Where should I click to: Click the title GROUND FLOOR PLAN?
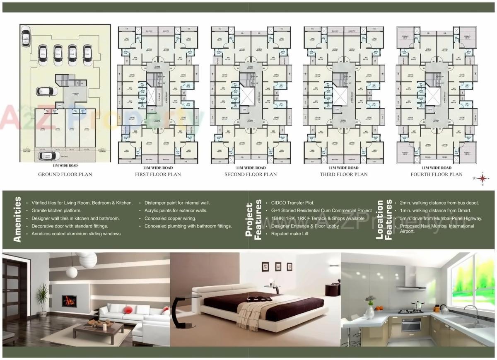[x=65, y=174]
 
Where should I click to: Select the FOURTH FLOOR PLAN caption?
[x=436, y=174]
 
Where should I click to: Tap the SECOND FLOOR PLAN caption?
[x=251, y=174]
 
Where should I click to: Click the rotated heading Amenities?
[x=17, y=220]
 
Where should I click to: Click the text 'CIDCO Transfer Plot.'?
[x=293, y=203]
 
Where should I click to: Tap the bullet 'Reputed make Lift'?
[x=290, y=234]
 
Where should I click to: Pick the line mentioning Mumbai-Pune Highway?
[x=441, y=218]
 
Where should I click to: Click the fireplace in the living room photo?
[x=69, y=301]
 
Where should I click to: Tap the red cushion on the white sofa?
[x=129, y=309]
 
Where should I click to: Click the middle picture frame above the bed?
[x=278, y=266]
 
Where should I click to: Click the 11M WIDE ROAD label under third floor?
[x=343, y=168]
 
